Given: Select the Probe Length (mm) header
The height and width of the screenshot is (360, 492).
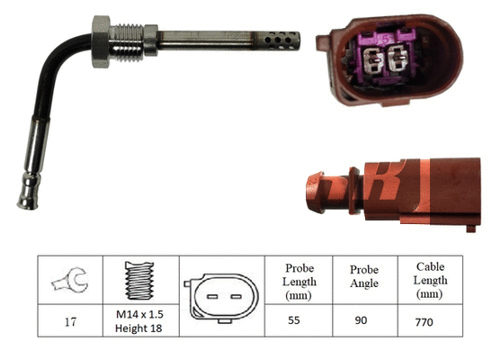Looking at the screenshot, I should [298, 281].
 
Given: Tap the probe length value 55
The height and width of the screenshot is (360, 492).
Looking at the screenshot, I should [298, 319].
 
